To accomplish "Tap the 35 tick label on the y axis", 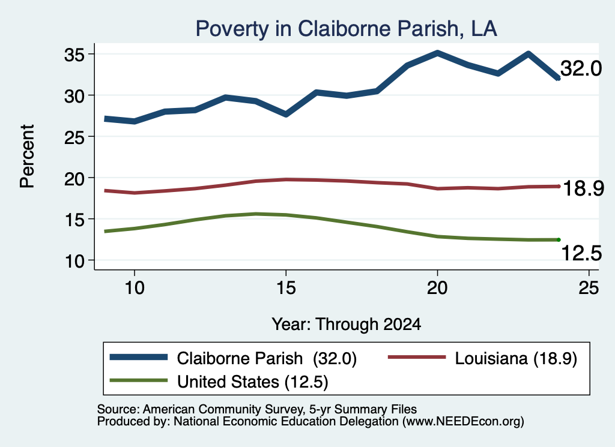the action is pyautogui.click(x=74, y=55).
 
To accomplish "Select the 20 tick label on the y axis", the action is pyautogui.click(x=74, y=179).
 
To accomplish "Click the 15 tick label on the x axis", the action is pyautogui.click(x=286, y=288).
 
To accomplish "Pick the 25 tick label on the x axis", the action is pyautogui.click(x=589, y=288).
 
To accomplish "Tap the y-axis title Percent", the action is pyautogui.click(x=28, y=157).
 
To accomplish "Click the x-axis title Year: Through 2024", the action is pyautogui.click(x=347, y=325).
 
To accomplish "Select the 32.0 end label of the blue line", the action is pyautogui.click(x=581, y=68).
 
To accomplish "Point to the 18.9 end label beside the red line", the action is pyautogui.click(x=583, y=189).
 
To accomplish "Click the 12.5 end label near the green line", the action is pyautogui.click(x=581, y=253).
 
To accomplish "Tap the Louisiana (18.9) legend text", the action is pyautogui.click(x=516, y=358).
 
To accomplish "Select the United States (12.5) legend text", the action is pyautogui.click(x=253, y=382).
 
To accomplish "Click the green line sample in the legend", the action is pyautogui.click(x=139, y=380).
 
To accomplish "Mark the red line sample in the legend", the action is pyautogui.click(x=417, y=357).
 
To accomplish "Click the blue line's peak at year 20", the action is pyautogui.click(x=437, y=53).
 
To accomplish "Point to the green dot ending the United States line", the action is pyautogui.click(x=559, y=240).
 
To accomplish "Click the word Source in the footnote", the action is pyautogui.click(x=117, y=409).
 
